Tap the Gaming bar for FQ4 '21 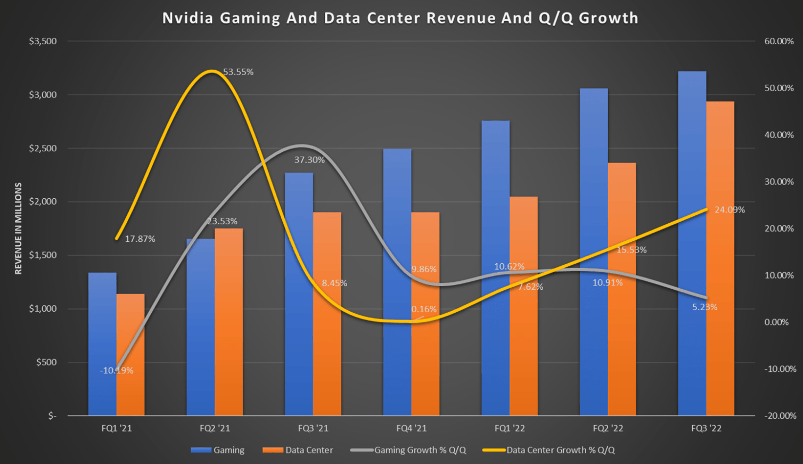(397, 282)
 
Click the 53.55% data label (238, 72)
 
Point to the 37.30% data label (309, 160)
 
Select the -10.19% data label (117, 370)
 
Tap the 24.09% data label (730, 210)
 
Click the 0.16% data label (424, 309)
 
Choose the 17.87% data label (140, 239)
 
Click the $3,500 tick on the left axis (43, 42)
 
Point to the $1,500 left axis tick (43, 255)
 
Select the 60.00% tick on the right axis (779, 42)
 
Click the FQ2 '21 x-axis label (215, 428)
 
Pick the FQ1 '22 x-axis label (510, 428)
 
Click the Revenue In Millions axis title (18, 229)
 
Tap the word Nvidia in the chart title (187, 18)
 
